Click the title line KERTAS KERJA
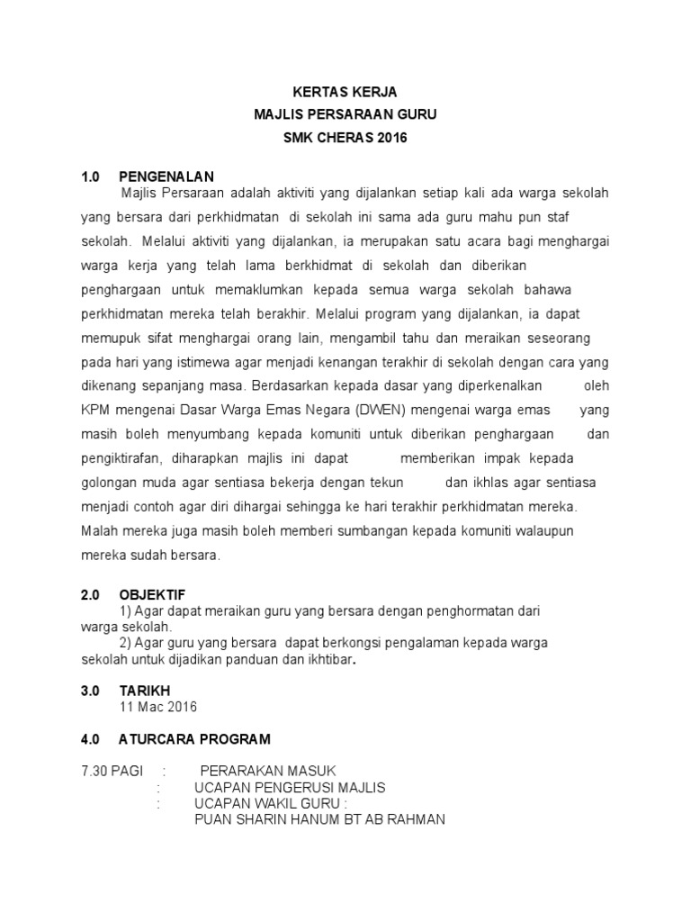345,92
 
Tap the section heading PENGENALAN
166,176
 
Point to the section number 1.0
90,176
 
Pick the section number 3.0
90,690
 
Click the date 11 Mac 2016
158,707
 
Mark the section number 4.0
90,739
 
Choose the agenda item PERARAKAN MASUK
268,772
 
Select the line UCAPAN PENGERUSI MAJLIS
290,788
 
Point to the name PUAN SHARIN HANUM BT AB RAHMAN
319,820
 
